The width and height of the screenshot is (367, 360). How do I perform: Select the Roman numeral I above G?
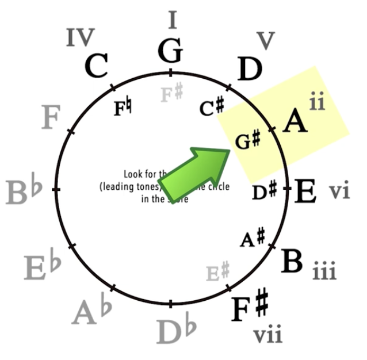pyautogui.click(x=172, y=20)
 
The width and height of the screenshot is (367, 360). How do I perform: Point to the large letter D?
pyautogui.click(x=250, y=70)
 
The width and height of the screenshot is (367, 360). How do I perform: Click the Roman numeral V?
pyautogui.click(x=265, y=41)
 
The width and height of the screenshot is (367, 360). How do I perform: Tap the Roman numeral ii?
pyautogui.click(x=316, y=103)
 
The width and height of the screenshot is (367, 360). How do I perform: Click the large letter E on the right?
pyautogui.click(x=305, y=192)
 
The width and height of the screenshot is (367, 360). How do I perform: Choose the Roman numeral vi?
pyautogui.click(x=339, y=191)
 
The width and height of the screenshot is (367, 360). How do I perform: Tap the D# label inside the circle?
pyautogui.click(x=265, y=191)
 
